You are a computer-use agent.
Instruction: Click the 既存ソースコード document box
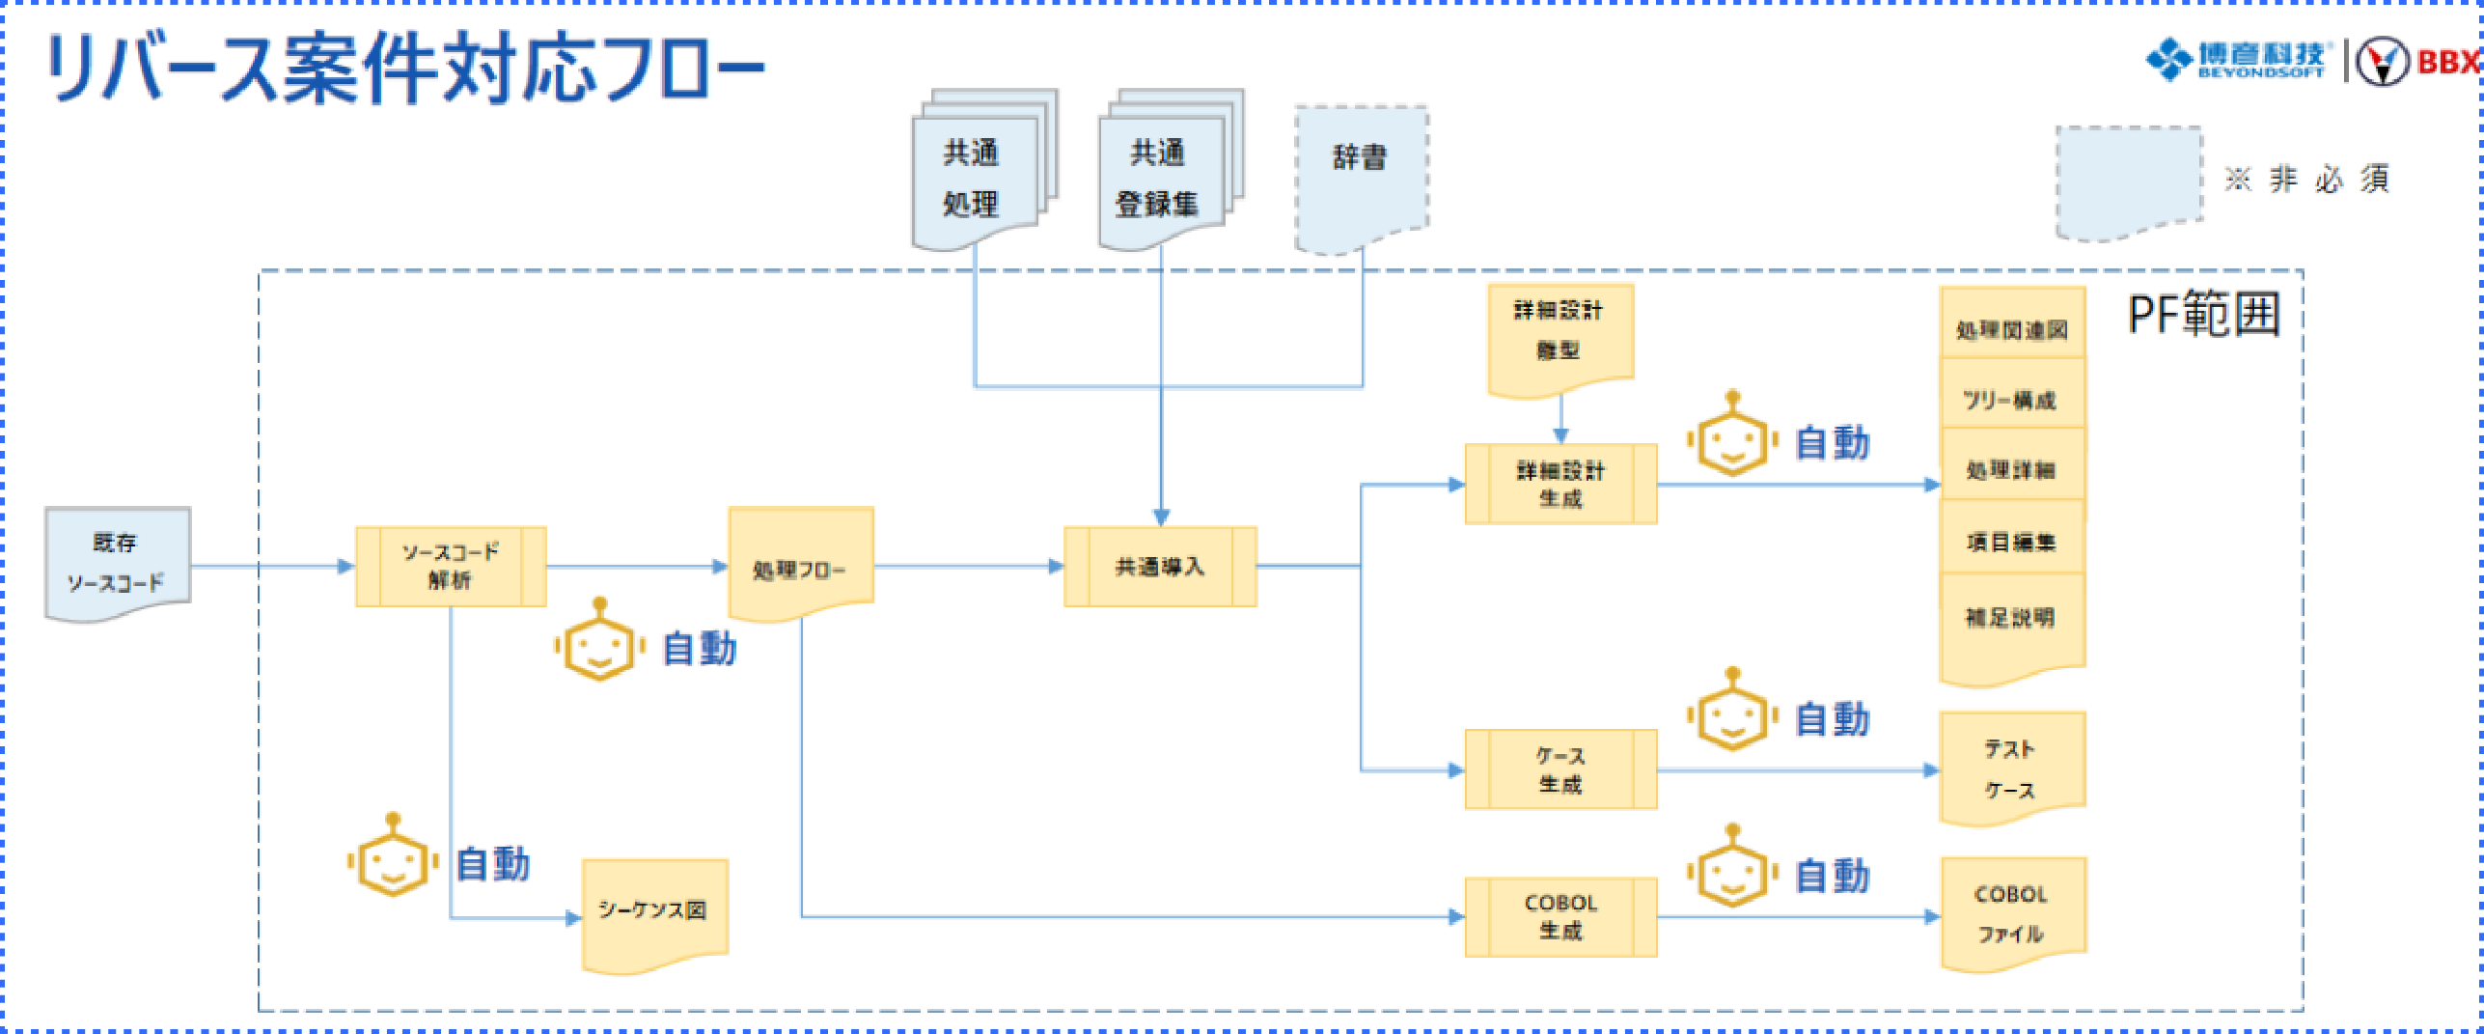(x=117, y=563)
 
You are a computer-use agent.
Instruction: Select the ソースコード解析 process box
(x=451, y=567)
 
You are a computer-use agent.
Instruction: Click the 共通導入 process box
(x=1160, y=567)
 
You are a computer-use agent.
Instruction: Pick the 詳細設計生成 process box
(x=1560, y=485)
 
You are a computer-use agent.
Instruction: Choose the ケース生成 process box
(x=1560, y=769)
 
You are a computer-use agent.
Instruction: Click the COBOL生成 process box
(x=1560, y=916)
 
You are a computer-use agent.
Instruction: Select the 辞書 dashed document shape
(x=1361, y=174)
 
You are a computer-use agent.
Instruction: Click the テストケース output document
(x=2011, y=768)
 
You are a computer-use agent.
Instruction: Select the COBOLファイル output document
(x=2012, y=912)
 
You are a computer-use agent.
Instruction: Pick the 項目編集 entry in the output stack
(x=2012, y=542)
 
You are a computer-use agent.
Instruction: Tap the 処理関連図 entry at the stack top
(x=2012, y=329)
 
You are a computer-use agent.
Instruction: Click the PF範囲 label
(x=2204, y=315)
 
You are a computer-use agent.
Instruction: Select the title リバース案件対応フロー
(x=405, y=68)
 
